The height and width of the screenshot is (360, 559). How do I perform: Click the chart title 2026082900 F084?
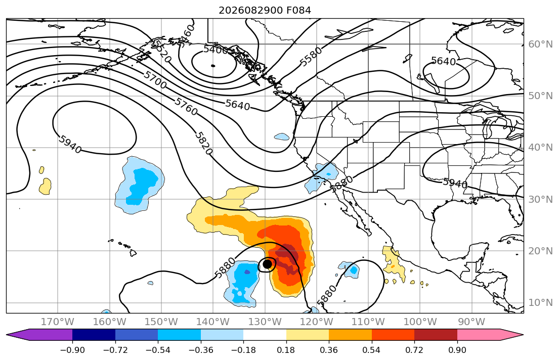(x=265, y=10)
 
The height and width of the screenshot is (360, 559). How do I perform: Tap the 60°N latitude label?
(x=540, y=44)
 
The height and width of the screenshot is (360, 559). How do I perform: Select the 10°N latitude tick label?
(x=540, y=303)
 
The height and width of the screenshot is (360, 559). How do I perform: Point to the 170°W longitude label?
(x=58, y=322)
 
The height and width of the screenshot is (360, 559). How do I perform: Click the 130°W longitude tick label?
(x=265, y=322)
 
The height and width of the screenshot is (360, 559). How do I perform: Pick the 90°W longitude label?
(x=471, y=322)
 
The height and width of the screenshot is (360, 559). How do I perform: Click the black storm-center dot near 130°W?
(x=267, y=264)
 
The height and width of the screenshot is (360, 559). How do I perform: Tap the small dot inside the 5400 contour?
(x=213, y=66)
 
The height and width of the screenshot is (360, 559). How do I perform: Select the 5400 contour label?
(x=216, y=50)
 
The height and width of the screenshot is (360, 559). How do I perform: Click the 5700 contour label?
(x=155, y=79)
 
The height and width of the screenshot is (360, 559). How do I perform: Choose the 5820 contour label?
(x=203, y=143)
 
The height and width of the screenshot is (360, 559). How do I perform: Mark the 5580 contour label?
(x=311, y=57)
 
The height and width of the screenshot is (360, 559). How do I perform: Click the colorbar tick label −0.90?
(x=72, y=350)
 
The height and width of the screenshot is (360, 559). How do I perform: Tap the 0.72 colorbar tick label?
(x=414, y=350)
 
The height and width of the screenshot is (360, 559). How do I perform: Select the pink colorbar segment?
(x=479, y=335)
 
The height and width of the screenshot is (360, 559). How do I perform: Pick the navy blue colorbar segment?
(x=94, y=335)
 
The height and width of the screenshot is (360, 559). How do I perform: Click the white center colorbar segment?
(x=265, y=335)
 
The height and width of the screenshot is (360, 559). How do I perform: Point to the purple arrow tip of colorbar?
(x=7, y=335)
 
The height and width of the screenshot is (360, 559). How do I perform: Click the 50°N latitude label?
(x=540, y=96)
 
